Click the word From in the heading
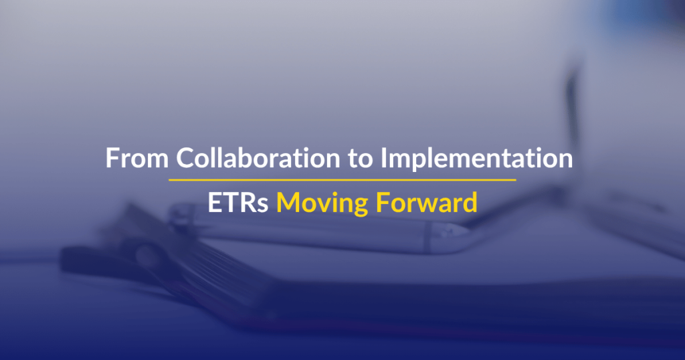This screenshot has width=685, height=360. pyautogui.click(x=137, y=158)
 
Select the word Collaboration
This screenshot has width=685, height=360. pyautogui.click(x=258, y=157)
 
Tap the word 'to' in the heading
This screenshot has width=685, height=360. pyautogui.click(x=361, y=159)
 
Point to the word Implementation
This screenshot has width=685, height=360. pyautogui.click(x=476, y=159)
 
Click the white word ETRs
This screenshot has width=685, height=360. pyautogui.click(x=237, y=203)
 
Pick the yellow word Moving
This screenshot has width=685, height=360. pyautogui.click(x=322, y=204)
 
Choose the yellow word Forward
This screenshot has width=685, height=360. pyautogui.click(x=426, y=202)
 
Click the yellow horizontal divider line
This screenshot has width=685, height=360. pyautogui.click(x=342, y=179)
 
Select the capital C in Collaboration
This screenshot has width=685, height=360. pyautogui.click(x=185, y=158)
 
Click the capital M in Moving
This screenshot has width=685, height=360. pyautogui.click(x=288, y=203)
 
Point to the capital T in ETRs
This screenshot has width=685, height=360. pyautogui.click(x=230, y=203)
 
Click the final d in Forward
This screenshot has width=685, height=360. pyautogui.click(x=469, y=202)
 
